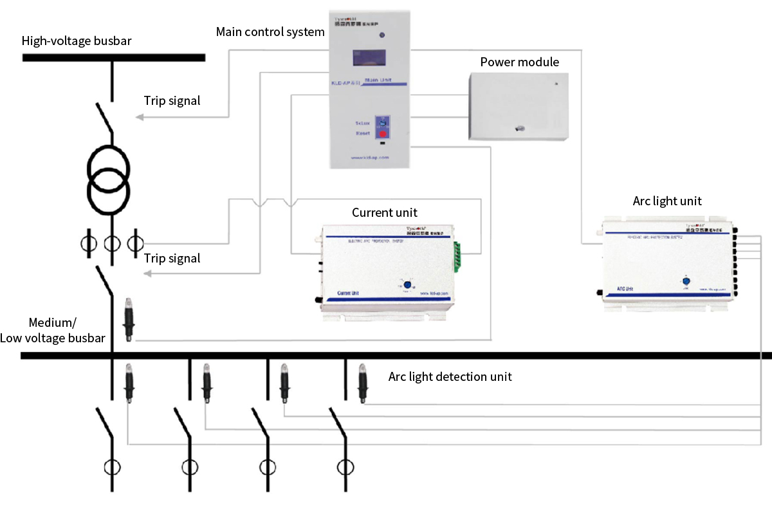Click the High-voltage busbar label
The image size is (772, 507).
[x=77, y=42]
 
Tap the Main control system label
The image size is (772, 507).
[x=270, y=32]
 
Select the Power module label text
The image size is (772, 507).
[x=519, y=62]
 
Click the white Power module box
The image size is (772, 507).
[x=519, y=106]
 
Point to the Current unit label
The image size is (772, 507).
[x=384, y=212]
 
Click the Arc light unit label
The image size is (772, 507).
[x=667, y=201]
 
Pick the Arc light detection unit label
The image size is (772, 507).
[x=450, y=376]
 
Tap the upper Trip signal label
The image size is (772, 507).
[x=172, y=100]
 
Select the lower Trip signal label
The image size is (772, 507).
[x=172, y=259]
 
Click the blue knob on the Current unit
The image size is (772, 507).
[x=407, y=285]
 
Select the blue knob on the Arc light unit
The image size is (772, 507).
[x=685, y=281]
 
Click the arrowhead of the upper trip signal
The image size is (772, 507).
[x=140, y=117]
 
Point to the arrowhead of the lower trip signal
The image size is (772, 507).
[x=147, y=274]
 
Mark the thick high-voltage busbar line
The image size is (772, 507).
[x=113, y=57]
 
